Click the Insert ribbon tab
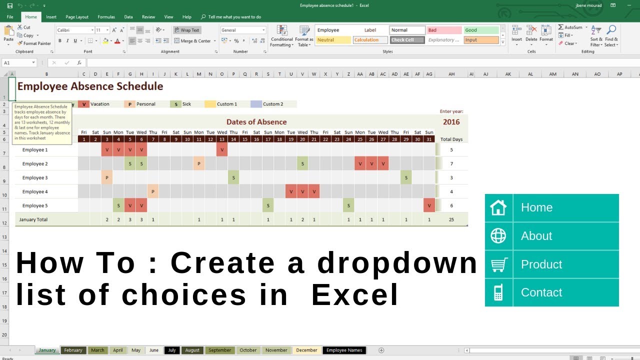pyautogui.click(x=51, y=17)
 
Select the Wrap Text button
pyautogui.click(x=187, y=30)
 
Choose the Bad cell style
pyautogui.click(x=444, y=30)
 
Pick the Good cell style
pyautogui.click(x=481, y=30)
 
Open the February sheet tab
pyautogui.click(x=73, y=350)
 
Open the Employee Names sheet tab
pyautogui.click(x=344, y=350)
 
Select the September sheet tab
pyautogui.click(x=220, y=350)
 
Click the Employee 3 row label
pyautogui.click(x=35, y=177)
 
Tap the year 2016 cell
pyautogui.click(x=451, y=122)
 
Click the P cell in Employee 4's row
pyautogui.click(x=152, y=191)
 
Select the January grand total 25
pyautogui.click(x=451, y=219)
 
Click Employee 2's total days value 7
pyautogui.click(x=451, y=163)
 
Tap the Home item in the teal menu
pyautogui.click(x=536, y=207)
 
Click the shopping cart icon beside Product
pyautogui.click(x=498, y=264)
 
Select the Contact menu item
pyautogui.click(x=541, y=292)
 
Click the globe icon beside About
pyautogui.click(x=498, y=236)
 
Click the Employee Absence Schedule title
pyautogui.click(x=90, y=86)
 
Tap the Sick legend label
pyautogui.click(x=186, y=104)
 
